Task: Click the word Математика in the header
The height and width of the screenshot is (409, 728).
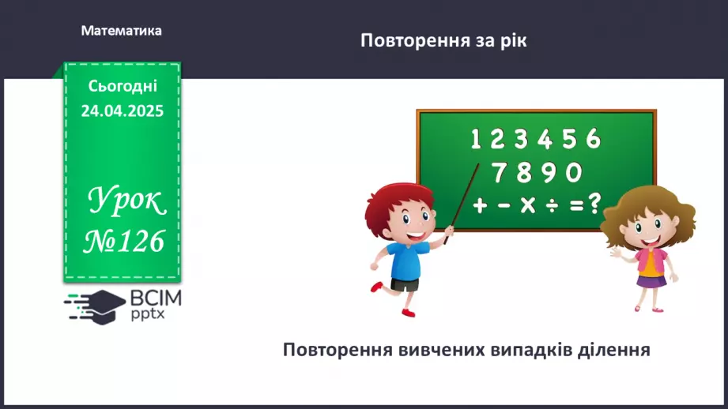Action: [121, 31]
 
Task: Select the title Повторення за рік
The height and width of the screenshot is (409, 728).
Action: [443, 40]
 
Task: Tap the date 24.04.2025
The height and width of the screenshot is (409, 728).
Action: [122, 111]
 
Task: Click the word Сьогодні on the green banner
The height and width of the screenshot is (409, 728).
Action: [122, 86]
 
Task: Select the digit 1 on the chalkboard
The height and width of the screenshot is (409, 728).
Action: [476, 140]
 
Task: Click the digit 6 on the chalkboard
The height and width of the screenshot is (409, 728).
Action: [594, 139]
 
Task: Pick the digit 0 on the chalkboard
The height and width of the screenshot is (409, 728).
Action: [574, 171]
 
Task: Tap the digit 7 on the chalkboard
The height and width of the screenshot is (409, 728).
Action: [499, 171]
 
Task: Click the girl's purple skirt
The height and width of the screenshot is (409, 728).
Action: [652, 281]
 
